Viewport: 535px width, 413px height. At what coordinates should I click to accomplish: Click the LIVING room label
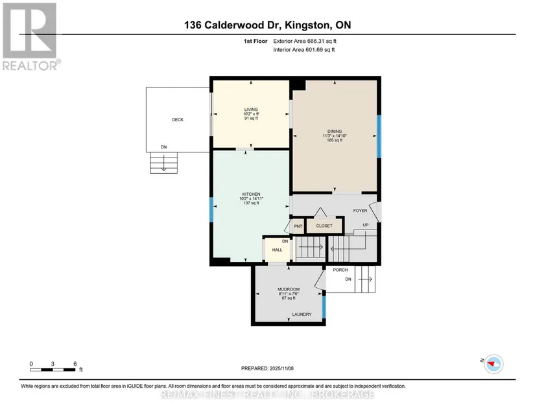tap(251, 110)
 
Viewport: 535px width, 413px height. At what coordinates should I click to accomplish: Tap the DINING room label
tap(335, 132)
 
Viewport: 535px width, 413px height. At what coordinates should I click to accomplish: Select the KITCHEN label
tap(251, 194)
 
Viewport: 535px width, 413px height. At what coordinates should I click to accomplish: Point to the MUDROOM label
tap(289, 289)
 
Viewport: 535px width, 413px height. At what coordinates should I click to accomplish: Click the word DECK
tap(178, 120)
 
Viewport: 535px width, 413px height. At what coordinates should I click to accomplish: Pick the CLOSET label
tap(324, 226)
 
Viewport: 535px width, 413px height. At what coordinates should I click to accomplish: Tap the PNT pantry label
tap(298, 226)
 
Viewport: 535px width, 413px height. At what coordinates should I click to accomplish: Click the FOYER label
tap(360, 211)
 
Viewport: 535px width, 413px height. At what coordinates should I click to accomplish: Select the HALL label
tap(277, 250)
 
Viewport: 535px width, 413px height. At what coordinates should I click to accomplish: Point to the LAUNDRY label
tap(302, 314)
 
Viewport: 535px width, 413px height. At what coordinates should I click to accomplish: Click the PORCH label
tap(340, 270)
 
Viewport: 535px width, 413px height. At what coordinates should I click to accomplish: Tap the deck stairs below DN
tap(164, 163)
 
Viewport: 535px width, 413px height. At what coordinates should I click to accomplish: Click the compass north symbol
tap(493, 364)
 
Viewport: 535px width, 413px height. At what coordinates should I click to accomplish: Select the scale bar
tap(53, 370)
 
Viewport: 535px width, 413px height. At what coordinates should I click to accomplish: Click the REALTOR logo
tap(31, 37)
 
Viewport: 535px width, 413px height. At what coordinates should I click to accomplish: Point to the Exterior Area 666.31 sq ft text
tap(305, 41)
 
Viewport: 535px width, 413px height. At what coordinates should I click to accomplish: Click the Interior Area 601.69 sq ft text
tap(303, 50)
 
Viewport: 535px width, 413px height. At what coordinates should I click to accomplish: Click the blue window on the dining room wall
tap(379, 136)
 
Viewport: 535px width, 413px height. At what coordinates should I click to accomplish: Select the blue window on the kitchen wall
tap(211, 209)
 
